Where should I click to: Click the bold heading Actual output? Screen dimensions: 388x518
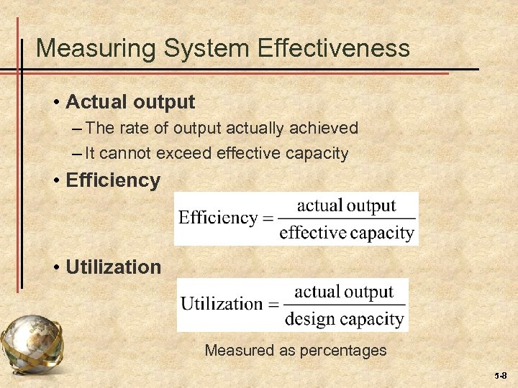pyautogui.click(x=130, y=102)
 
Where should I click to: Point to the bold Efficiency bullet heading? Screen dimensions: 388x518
pyautogui.click(x=113, y=180)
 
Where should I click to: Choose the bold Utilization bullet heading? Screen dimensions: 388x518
pyautogui.click(x=114, y=267)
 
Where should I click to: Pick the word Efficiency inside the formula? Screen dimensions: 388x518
pyautogui.click(x=218, y=218)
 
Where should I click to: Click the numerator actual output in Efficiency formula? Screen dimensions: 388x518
pyautogui.click(x=346, y=205)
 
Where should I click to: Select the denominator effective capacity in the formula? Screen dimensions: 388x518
pyautogui.click(x=346, y=232)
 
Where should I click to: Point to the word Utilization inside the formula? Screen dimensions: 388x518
pyautogui.click(x=222, y=303)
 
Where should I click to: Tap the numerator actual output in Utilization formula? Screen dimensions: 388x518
pyautogui.click(x=344, y=292)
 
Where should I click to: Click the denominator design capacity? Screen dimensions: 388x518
pyautogui.click(x=344, y=318)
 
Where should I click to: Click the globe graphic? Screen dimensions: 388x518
pyautogui.click(x=32, y=348)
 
